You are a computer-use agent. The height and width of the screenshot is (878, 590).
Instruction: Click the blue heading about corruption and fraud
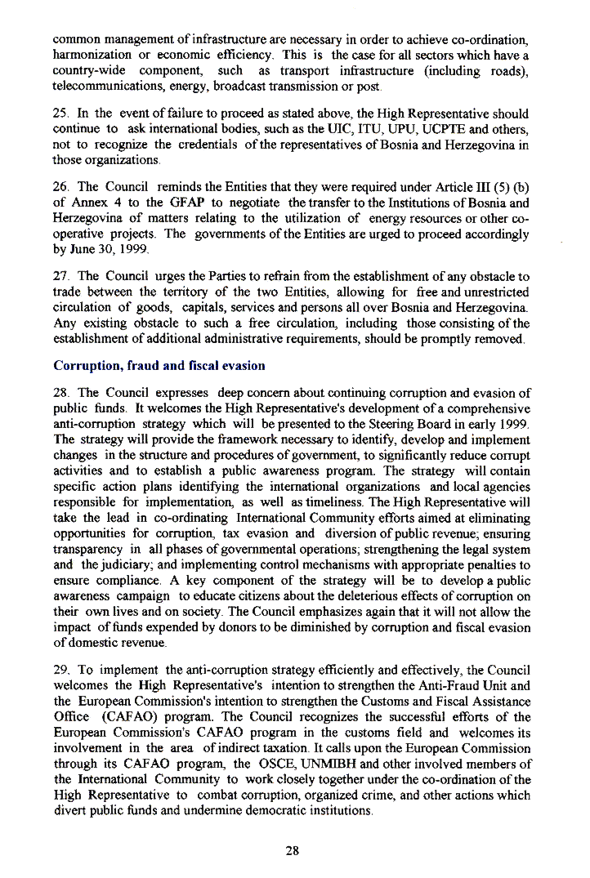159,366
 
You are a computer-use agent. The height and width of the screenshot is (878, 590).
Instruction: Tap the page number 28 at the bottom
293,850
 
